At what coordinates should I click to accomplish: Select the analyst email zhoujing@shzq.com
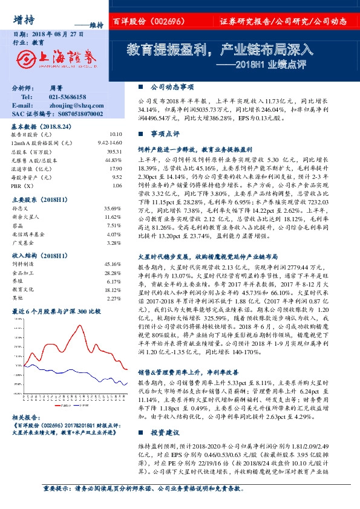tap(72, 105)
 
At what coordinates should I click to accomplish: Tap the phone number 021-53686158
tap(67, 97)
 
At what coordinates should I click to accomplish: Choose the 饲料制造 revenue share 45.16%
tap(113, 264)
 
